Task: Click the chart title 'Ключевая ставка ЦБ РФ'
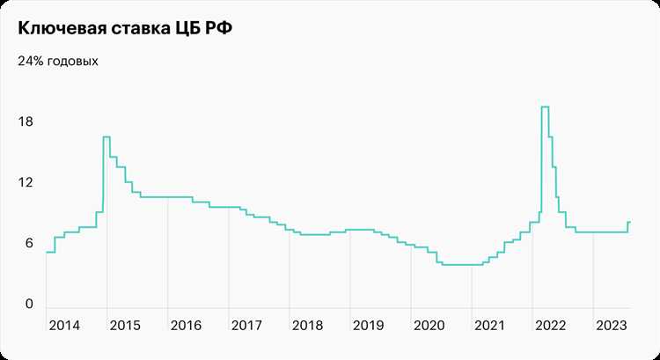coord(126,29)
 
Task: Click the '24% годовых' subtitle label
coord(57,62)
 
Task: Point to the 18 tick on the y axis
coord(26,121)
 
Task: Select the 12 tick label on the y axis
coord(26,183)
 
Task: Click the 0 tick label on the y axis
coord(28,305)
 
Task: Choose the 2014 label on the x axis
coord(64,325)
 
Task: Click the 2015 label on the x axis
coord(125,325)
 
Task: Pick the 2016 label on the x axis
coord(186,325)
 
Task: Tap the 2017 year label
coord(246,325)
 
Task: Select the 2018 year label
coord(307,325)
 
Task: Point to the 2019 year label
coord(368,325)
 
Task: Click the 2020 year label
coord(429,325)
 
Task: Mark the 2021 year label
coord(489,325)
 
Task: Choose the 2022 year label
coord(550,325)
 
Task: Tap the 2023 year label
coord(611,325)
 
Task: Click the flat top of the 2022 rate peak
coord(545,107)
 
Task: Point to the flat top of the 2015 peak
coord(106,136)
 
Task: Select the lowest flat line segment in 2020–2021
coord(458,264)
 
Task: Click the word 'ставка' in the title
coord(140,29)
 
